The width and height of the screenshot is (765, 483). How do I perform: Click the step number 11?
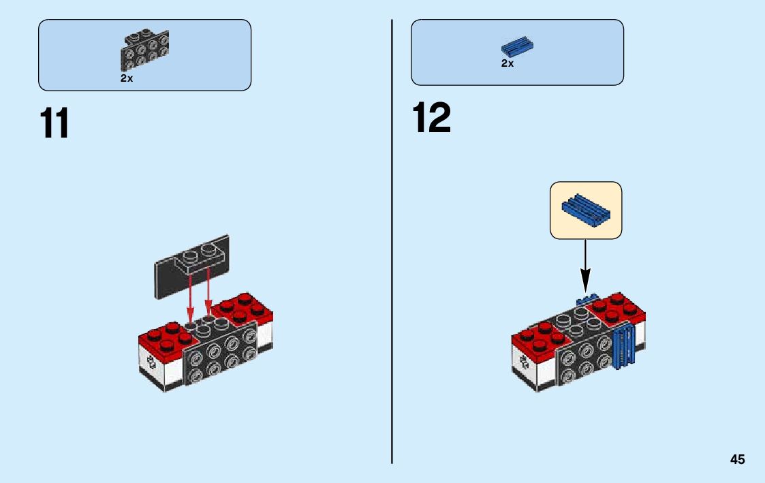54,123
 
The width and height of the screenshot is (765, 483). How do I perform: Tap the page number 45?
737,460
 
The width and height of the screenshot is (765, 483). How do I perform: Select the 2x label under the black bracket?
127,78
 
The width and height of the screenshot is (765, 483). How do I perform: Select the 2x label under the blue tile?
508,63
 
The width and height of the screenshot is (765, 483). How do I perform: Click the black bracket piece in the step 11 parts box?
144,50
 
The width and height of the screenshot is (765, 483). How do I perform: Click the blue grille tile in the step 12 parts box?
517,46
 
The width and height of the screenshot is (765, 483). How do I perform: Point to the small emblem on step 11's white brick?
151,363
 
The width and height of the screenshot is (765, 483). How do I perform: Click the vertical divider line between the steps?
392,238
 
